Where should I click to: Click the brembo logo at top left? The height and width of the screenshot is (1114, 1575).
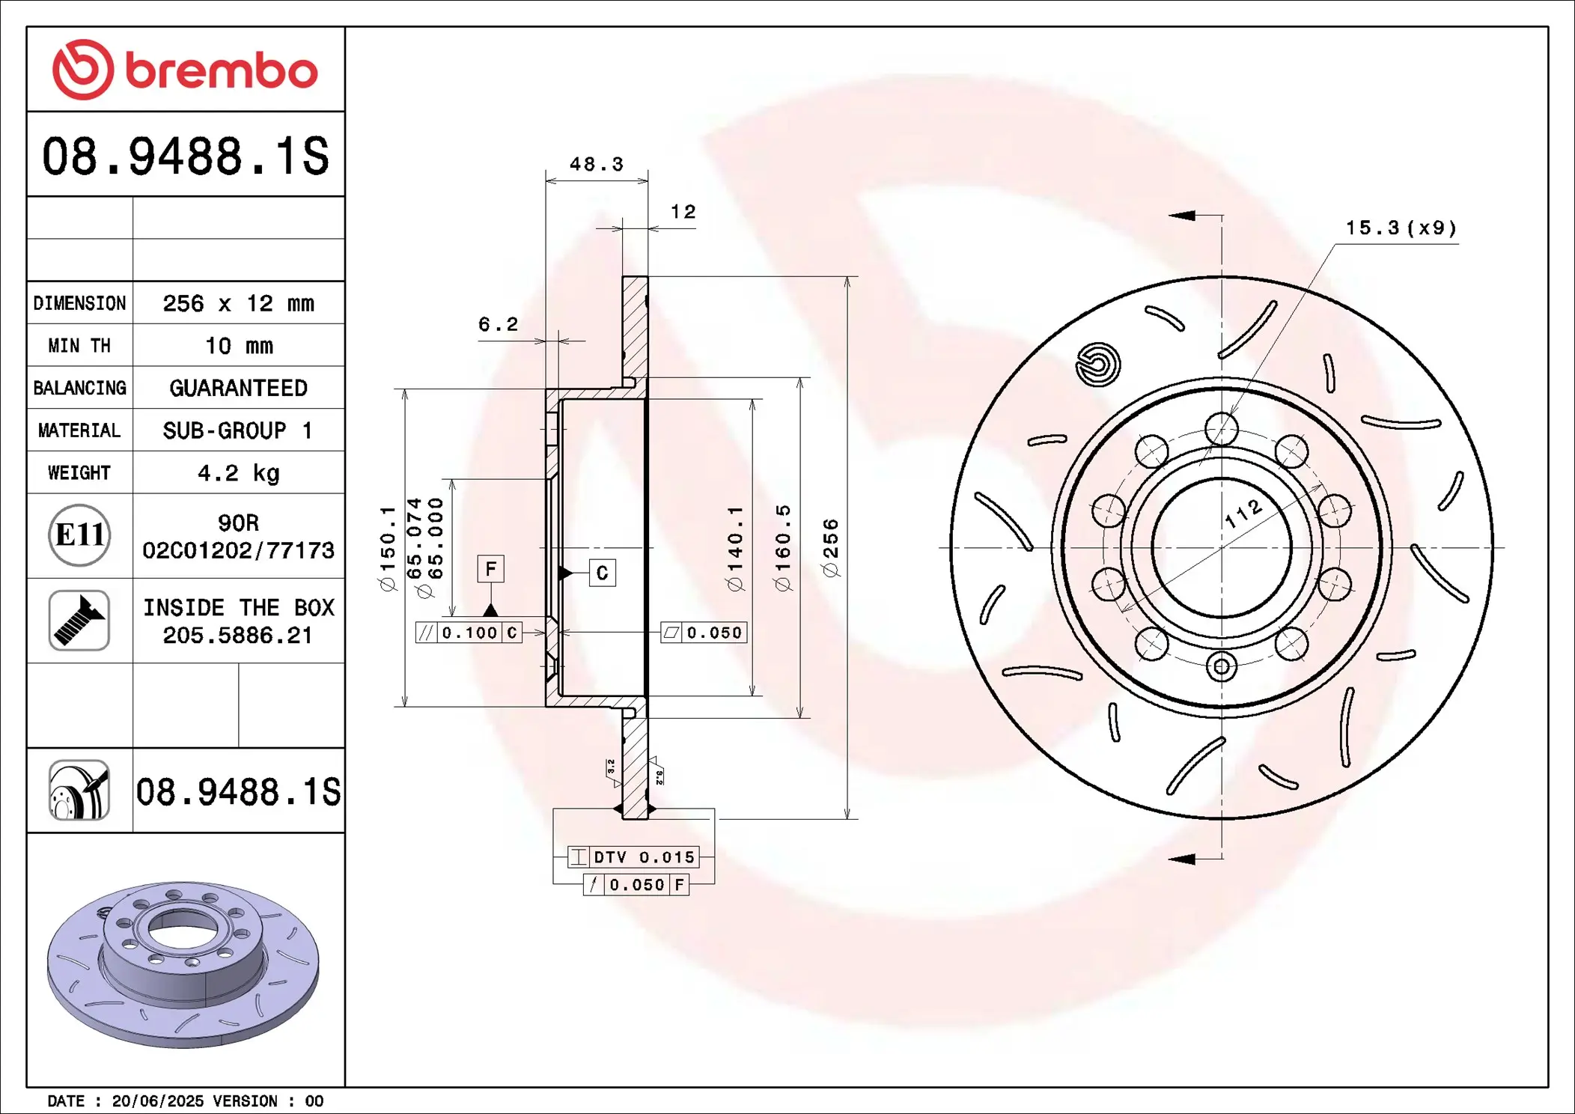(185, 70)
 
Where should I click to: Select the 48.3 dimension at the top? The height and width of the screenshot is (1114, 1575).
(596, 164)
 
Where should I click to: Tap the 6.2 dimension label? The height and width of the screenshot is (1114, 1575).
(498, 324)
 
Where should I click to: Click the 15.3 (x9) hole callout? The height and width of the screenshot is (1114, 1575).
(1401, 228)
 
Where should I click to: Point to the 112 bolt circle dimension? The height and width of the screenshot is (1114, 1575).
(1243, 514)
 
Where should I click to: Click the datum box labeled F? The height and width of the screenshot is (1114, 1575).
(490, 569)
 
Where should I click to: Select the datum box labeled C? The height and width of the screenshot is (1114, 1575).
(602, 573)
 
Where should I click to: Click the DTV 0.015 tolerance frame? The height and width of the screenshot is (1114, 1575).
(633, 856)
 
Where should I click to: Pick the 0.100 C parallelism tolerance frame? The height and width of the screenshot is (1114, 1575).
(469, 633)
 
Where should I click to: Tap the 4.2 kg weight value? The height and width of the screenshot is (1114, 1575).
(238, 472)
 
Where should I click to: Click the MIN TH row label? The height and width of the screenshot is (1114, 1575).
(79, 345)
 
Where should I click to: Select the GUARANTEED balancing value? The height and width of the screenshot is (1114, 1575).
(238, 388)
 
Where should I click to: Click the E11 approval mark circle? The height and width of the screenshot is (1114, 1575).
(79, 535)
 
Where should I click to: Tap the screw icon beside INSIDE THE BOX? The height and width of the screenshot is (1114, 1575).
(79, 620)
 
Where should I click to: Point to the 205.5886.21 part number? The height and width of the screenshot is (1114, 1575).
(237, 635)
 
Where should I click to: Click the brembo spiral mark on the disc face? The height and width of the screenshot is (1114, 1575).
(1097, 365)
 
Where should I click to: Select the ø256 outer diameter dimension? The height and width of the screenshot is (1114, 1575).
(831, 547)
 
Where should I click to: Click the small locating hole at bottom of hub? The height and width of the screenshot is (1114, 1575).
(1221, 666)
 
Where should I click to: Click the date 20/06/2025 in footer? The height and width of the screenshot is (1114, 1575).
(157, 1101)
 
